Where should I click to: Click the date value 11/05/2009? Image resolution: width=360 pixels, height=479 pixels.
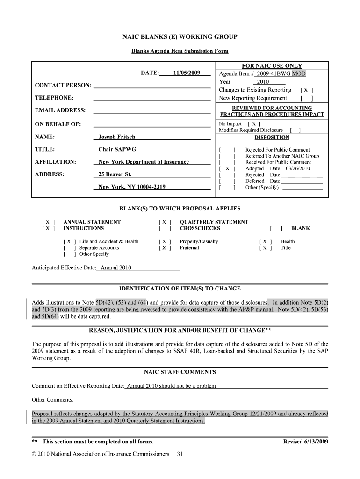coord(187,73)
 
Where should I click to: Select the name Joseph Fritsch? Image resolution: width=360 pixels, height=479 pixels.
coord(116,137)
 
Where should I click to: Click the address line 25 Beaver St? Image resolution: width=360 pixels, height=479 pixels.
coord(115,174)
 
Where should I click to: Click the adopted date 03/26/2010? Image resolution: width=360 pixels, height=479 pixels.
coord(298,168)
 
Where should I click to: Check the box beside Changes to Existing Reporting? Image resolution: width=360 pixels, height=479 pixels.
coord(307,90)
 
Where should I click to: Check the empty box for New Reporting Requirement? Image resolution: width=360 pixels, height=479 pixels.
coord(307,98)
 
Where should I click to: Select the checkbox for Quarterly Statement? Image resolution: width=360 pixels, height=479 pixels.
coord(165,222)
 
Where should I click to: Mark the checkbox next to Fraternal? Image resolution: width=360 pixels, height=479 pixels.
coord(165,248)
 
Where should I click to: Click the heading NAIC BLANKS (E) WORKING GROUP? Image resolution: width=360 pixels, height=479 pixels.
coord(180,37)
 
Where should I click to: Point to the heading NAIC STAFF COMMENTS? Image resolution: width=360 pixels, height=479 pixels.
coord(180,372)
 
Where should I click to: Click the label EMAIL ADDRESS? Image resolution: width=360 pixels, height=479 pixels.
coord(60,110)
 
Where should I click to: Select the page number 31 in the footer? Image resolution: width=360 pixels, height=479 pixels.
coord(180,454)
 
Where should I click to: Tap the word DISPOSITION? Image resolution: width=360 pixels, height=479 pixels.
coord(272,138)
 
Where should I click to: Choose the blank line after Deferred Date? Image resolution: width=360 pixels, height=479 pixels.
coord(302,181)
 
